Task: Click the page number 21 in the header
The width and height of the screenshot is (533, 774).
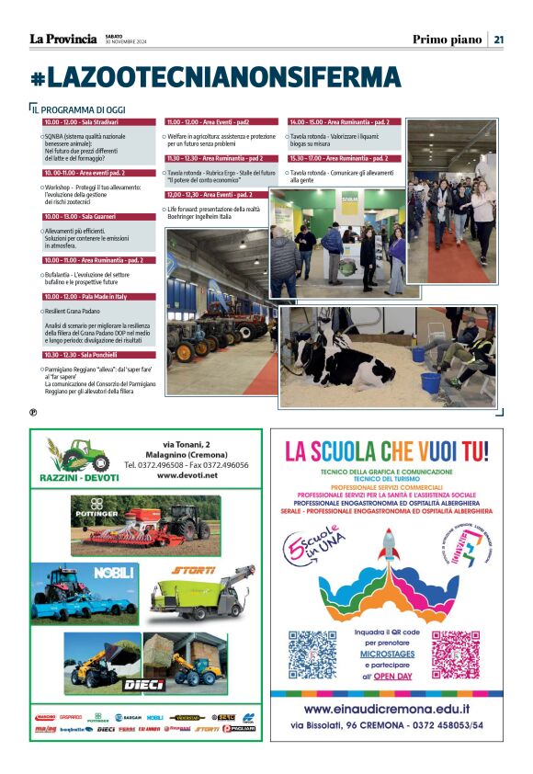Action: [x=499, y=39]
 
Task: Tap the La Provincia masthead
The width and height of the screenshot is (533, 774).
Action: [x=62, y=39]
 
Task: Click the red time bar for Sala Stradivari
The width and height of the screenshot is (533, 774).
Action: [x=98, y=121]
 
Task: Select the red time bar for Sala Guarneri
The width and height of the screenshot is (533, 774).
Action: [x=98, y=217]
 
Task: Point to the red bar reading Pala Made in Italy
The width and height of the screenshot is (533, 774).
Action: [x=98, y=297]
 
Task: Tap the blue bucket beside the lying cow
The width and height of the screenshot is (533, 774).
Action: [x=430, y=380]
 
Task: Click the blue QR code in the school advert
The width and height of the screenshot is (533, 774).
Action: [x=312, y=654]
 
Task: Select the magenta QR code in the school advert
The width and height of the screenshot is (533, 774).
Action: [x=457, y=654]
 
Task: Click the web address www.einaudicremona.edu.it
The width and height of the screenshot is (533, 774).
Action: [x=386, y=709]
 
